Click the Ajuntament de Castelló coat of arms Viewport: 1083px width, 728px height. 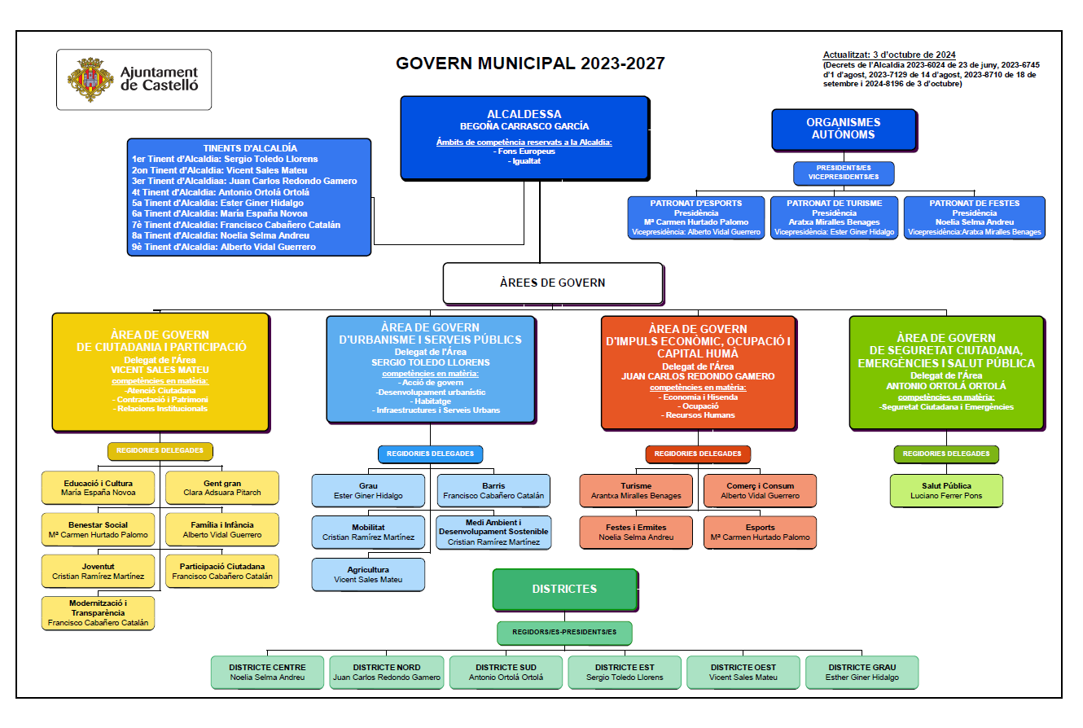[90, 80]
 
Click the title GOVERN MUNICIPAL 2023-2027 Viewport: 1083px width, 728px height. [530, 64]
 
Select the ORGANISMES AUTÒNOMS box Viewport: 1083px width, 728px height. [844, 129]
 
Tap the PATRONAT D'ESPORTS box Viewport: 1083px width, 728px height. [696, 217]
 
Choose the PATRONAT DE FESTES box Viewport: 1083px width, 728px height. [974, 217]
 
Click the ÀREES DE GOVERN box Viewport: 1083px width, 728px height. [553, 283]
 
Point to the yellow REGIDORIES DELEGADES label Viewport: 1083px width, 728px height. [160, 451]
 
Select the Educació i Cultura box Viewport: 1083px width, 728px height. [99, 488]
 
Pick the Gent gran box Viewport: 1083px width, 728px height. [222, 488]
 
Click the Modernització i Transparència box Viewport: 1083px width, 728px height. [99, 613]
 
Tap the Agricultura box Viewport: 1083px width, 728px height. [368, 575]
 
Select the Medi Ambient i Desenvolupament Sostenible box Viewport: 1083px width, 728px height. [493, 533]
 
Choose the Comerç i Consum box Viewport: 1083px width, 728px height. [760, 491]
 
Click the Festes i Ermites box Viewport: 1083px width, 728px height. [636, 533]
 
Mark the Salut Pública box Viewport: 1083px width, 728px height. [946, 491]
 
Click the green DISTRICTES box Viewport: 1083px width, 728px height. [565, 590]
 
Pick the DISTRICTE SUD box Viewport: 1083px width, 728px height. [506, 673]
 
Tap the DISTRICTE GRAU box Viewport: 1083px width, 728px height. [862, 673]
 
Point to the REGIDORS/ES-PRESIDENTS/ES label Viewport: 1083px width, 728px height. [564, 633]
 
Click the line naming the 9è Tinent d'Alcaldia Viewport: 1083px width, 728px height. [224, 247]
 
